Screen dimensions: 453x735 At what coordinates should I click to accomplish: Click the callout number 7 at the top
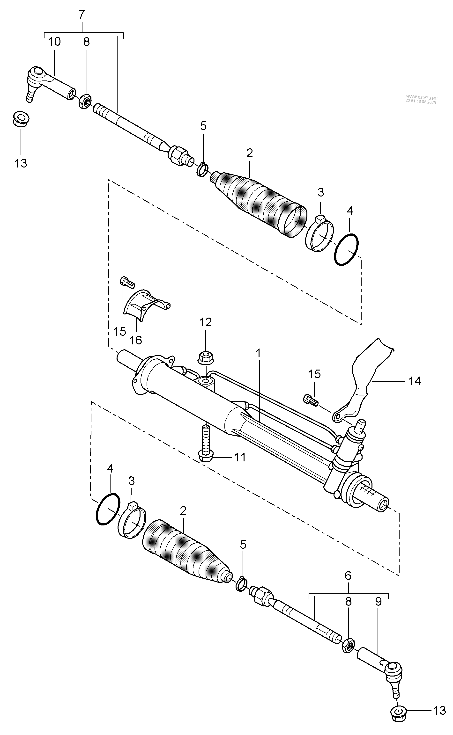click(82, 14)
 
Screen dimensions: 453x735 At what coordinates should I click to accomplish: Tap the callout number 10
click(54, 42)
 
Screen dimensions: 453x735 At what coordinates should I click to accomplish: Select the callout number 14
click(415, 381)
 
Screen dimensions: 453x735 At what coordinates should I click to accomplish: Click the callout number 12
click(206, 322)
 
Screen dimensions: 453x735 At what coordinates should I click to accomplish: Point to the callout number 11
click(240, 457)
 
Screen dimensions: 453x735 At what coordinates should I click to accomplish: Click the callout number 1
click(258, 353)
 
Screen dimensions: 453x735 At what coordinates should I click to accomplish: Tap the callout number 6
click(348, 575)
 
